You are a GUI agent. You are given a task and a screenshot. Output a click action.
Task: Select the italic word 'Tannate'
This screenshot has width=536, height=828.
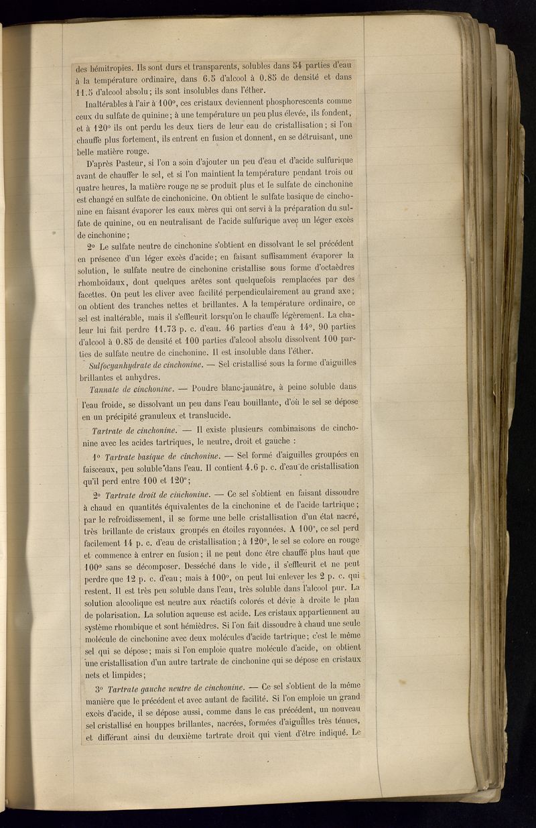pyautogui.click(x=108, y=390)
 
